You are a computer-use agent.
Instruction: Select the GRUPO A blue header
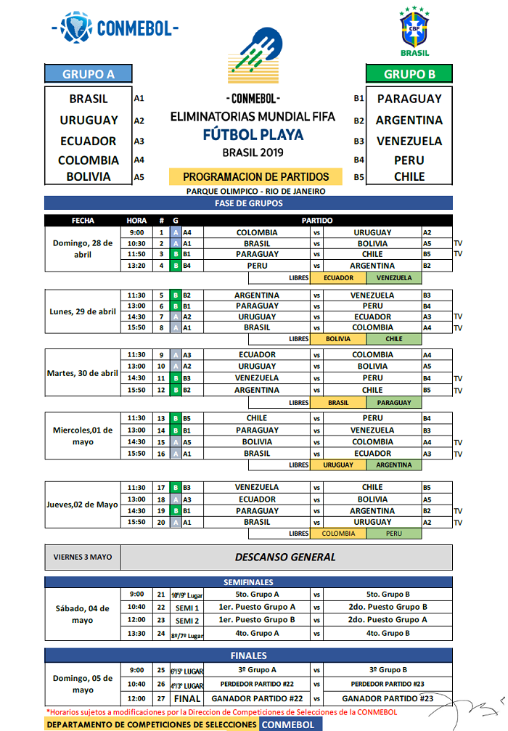[89, 73]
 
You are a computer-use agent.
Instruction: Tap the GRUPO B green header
[409, 73]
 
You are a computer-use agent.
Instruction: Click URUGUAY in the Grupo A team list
[89, 120]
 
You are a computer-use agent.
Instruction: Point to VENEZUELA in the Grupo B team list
[409, 141]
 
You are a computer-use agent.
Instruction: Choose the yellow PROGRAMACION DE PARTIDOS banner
[255, 176]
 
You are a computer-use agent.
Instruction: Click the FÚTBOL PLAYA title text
[253, 135]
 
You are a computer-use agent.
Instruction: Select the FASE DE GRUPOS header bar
[248, 203]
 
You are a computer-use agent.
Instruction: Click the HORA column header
[136, 220]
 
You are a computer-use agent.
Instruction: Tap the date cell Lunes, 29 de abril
[83, 311]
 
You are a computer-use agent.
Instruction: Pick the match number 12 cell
[161, 390]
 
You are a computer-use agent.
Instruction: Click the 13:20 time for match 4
[136, 266]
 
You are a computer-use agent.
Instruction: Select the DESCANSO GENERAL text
[285, 558]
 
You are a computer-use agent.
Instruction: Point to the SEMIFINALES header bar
[248, 581]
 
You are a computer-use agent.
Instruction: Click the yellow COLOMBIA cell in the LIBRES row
[338, 534]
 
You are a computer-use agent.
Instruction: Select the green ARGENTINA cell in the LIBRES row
[394, 465]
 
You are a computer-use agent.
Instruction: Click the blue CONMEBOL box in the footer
[288, 724]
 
